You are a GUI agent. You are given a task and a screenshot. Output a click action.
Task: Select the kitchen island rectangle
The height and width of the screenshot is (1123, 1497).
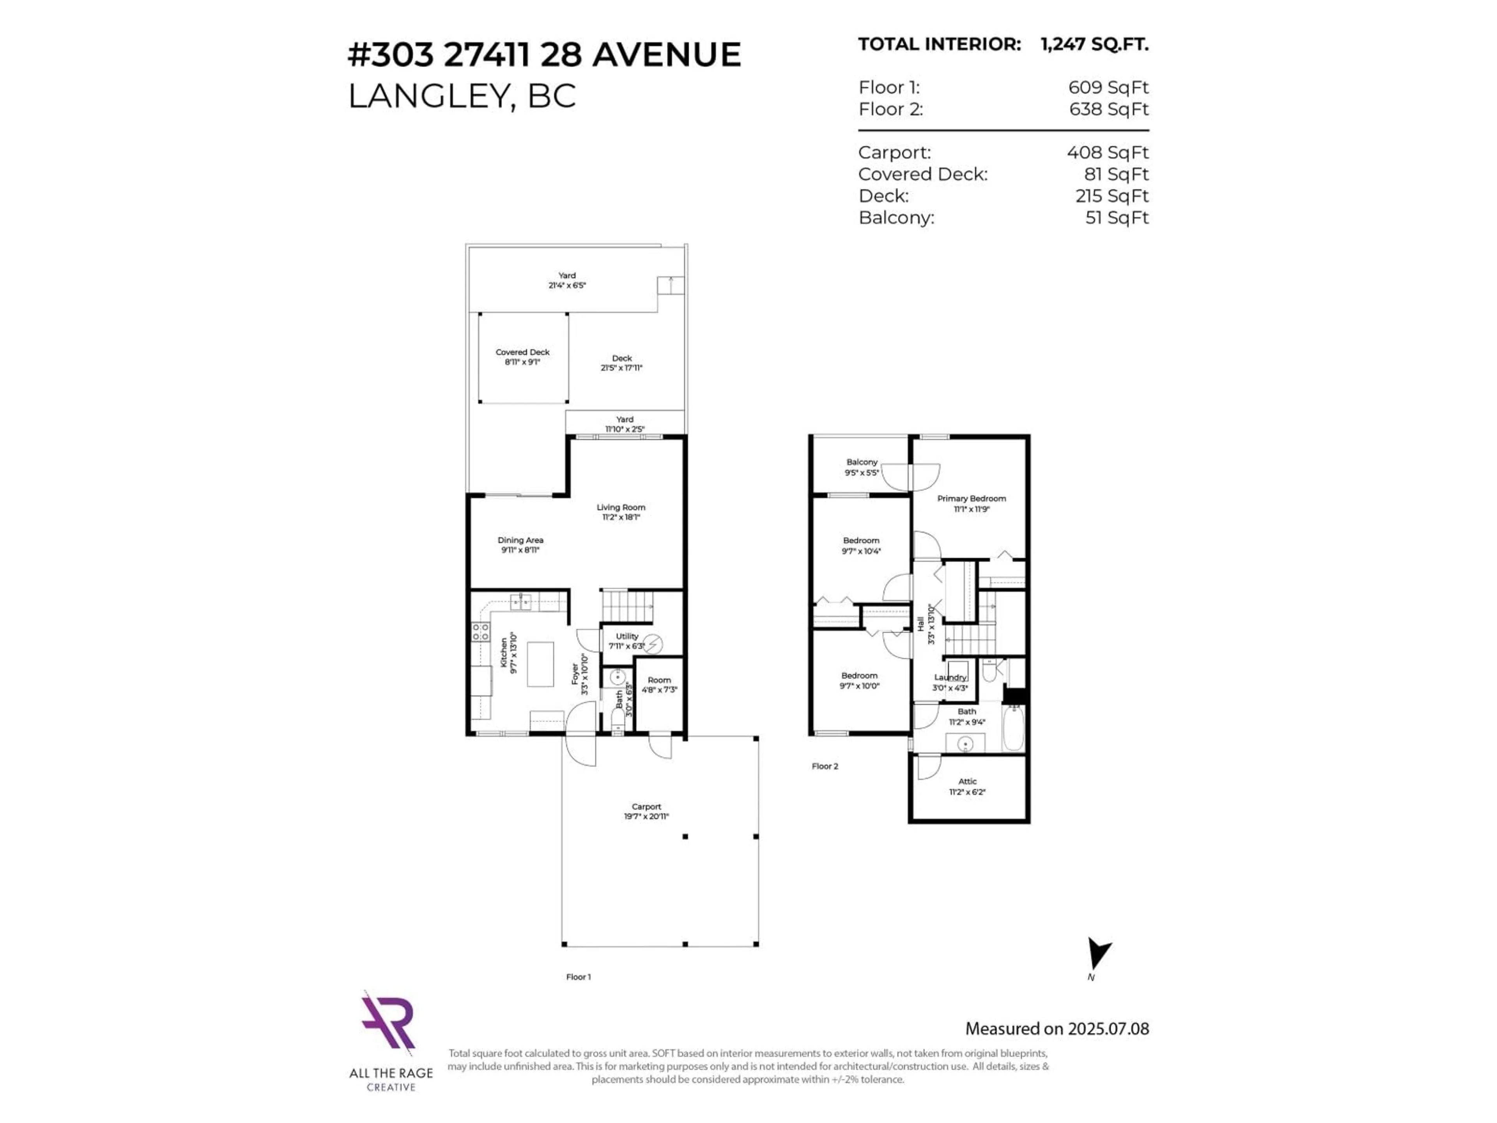point(540,664)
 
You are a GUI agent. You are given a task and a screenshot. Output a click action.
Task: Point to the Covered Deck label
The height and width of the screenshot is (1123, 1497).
point(522,352)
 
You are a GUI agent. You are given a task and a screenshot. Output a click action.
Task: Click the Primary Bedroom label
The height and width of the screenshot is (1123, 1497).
point(971,499)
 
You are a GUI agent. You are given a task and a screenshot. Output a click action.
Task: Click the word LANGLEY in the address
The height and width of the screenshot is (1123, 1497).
point(428,96)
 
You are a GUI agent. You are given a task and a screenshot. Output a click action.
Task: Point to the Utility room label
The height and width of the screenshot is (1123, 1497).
point(627,636)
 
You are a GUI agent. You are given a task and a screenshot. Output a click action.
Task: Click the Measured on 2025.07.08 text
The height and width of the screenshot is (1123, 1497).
point(1056,1029)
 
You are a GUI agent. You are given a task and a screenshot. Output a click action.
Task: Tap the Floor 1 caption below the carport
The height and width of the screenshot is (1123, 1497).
point(578,977)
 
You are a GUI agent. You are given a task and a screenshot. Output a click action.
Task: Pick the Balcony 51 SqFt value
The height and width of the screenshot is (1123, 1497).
point(1117,218)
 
